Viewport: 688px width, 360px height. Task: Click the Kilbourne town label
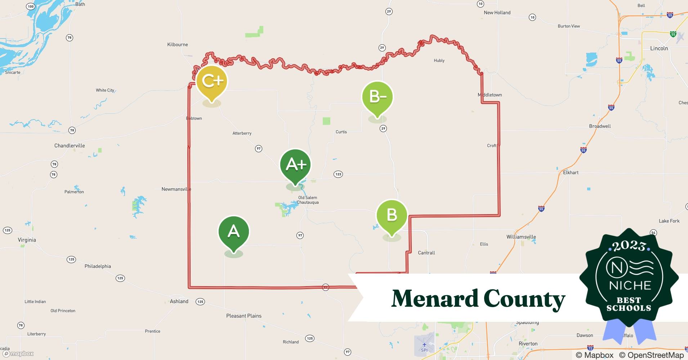pos(178,45)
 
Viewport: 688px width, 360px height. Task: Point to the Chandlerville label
pos(70,146)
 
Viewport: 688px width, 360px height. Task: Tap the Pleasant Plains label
pos(244,316)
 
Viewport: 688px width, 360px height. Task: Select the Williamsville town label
pos(521,237)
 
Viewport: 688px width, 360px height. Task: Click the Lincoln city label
pos(659,48)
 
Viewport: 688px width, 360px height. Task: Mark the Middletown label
pos(490,95)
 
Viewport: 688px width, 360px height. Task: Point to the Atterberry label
pos(242,134)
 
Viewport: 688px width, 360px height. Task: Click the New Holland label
pos(497,13)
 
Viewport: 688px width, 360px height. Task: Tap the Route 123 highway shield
pos(338,174)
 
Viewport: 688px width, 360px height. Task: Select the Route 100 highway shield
pos(31,6)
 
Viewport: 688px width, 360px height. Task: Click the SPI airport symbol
pos(424,345)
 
